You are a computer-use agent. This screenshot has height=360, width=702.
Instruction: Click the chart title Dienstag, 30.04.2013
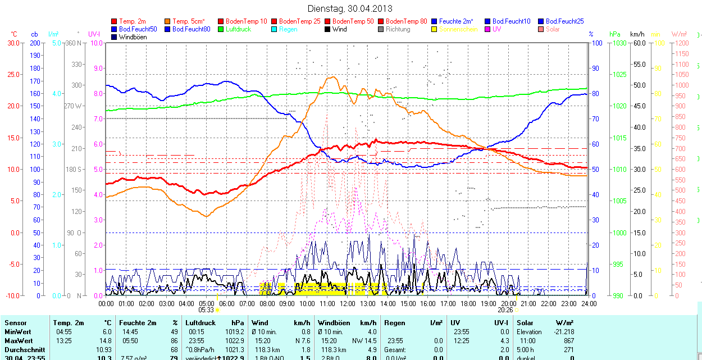[x=350, y=8]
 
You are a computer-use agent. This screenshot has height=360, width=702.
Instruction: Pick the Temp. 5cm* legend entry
[x=188, y=21]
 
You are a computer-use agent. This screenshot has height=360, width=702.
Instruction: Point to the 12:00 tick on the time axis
[x=348, y=303]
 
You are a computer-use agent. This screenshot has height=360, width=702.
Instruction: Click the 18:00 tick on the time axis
[x=468, y=303]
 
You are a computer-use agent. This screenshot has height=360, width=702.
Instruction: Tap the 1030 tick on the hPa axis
[x=619, y=43]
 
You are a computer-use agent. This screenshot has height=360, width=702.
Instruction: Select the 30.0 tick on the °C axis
[x=13, y=43]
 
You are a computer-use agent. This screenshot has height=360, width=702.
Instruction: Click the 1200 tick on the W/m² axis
[x=681, y=43]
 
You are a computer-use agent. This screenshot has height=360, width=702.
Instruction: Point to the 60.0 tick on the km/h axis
[x=639, y=43]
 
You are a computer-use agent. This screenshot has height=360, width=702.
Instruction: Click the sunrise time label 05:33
[x=206, y=309]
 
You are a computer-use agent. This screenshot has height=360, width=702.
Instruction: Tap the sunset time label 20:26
[x=505, y=309]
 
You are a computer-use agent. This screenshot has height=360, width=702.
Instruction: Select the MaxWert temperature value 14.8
[x=105, y=341]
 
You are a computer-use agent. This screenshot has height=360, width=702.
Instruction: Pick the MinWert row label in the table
[x=17, y=332]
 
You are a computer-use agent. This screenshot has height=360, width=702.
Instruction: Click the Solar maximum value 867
[x=568, y=341]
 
